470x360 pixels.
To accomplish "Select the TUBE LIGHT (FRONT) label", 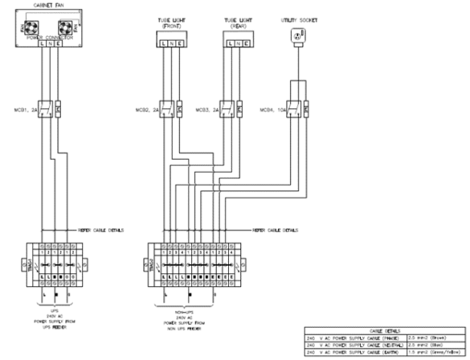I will pyautogui.click(x=169, y=21).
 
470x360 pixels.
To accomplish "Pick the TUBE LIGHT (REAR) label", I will pyautogui.click(x=237, y=21).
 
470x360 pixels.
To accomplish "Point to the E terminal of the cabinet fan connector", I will pyautogui.click(x=59, y=53).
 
